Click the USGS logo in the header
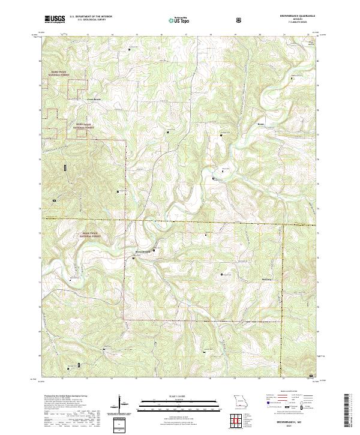pos(55,19)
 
